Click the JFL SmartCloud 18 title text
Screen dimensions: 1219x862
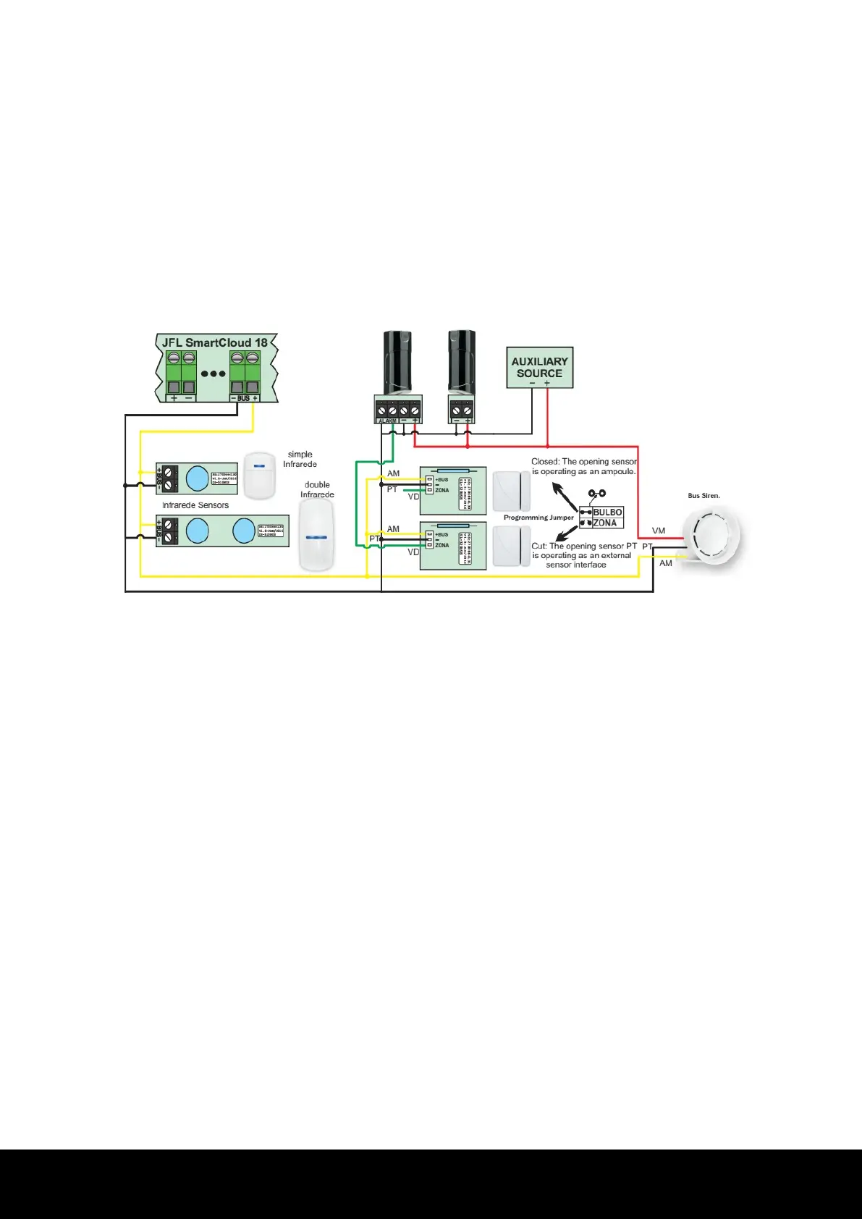(215, 342)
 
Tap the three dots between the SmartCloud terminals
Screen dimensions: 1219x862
(214, 374)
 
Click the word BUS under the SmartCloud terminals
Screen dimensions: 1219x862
(243, 398)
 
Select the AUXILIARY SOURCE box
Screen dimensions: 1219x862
(539, 368)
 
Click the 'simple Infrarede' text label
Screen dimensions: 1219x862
(300, 460)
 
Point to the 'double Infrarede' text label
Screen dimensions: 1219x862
(317, 490)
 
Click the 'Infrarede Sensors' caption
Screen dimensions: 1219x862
(195, 505)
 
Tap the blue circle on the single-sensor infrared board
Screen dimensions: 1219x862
(197, 478)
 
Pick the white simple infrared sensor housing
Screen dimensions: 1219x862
(260, 476)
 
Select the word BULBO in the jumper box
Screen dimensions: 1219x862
(607, 513)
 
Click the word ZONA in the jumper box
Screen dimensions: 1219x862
(605, 523)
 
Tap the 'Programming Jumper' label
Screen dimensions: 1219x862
(538, 518)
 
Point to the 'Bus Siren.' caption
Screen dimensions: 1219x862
(703, 496)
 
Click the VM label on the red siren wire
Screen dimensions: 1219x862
(659, 531)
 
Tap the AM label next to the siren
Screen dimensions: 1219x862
(666, 563)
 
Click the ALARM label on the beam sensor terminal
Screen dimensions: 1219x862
(386, 421)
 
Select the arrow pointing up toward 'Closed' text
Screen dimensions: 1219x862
(561, 496)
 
